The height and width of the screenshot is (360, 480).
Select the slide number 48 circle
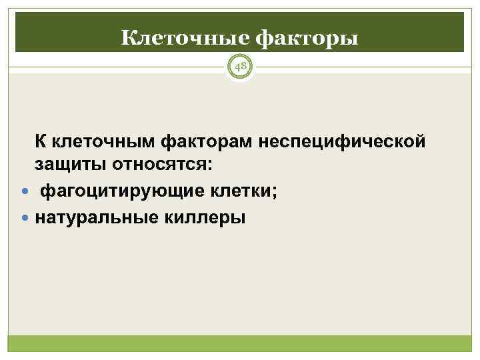pos(239,67)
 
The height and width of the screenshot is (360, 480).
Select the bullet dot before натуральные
pos(25,217)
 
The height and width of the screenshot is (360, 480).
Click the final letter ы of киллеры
pos(239,218)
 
